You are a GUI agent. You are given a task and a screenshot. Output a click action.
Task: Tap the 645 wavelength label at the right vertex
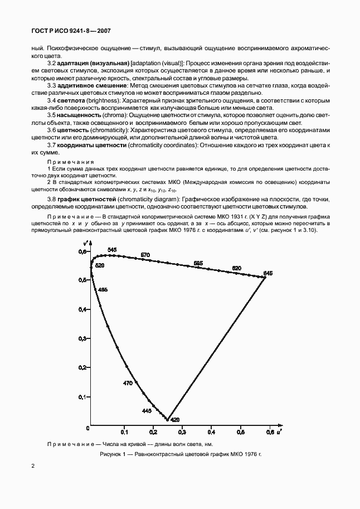pos(268,273)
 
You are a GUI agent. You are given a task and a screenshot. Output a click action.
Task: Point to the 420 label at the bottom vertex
pos(174,419)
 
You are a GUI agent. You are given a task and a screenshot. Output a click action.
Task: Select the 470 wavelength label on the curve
pos(128,383)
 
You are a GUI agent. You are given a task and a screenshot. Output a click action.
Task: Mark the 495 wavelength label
pos(103,290)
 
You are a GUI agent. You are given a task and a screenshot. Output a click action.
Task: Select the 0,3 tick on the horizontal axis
pos(182,432)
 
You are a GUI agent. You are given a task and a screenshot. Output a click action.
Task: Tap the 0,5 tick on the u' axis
pos(240,432)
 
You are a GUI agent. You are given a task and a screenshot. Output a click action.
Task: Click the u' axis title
pos(278,432)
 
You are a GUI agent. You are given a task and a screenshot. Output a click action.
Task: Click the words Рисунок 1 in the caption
pos(115,455)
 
